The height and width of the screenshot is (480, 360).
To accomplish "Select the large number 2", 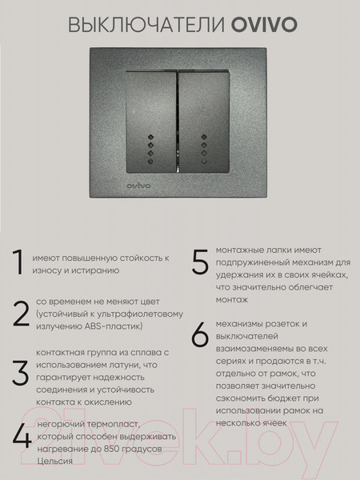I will point(20,314).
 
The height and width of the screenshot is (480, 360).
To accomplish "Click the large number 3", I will point(20,374).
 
